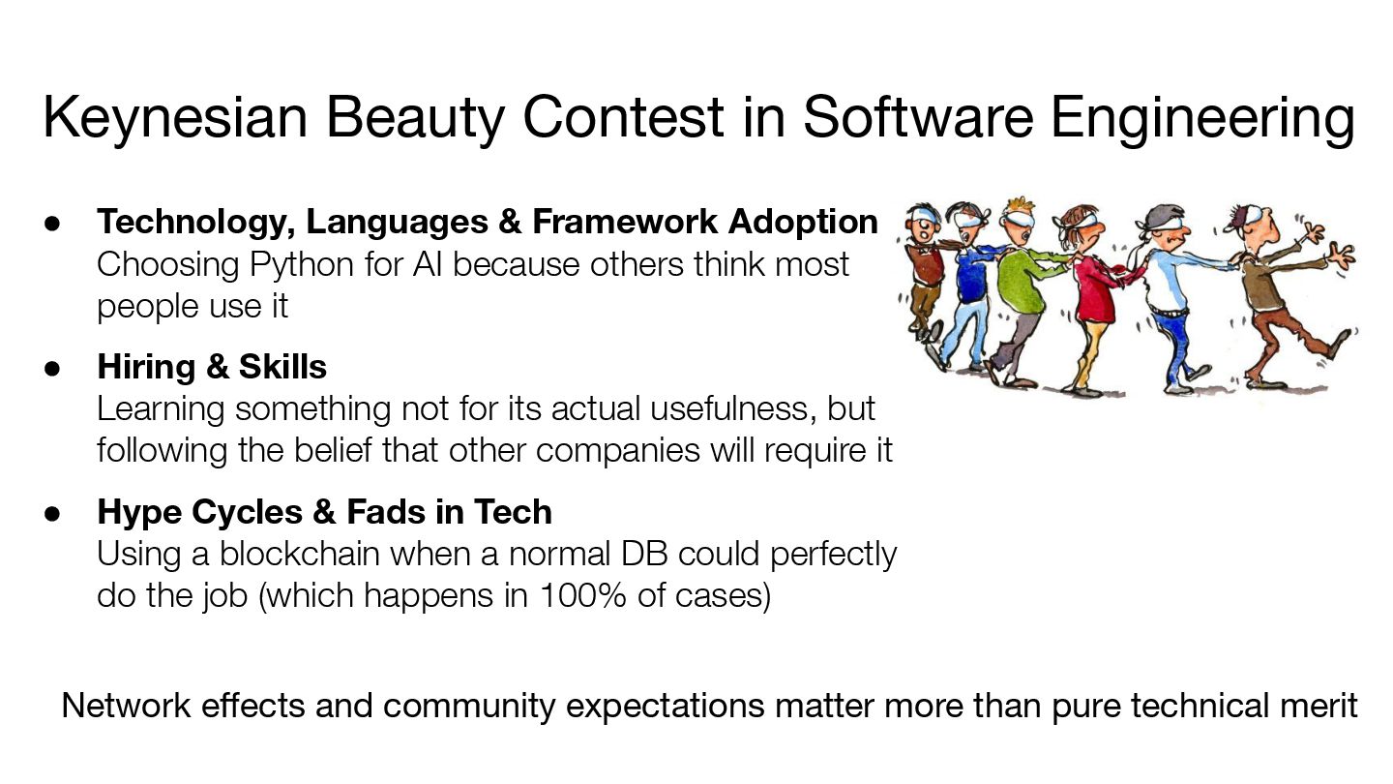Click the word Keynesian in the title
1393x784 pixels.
tap(175, 118)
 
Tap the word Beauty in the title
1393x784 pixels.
tap(415, 118)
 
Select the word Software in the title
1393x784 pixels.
tap(918, 117)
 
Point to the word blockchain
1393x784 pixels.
tap(299, 554)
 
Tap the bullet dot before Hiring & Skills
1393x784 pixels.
tap(52, 368)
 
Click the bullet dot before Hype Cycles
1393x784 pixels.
tap(52, 513)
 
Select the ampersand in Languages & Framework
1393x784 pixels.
tap(510, 223)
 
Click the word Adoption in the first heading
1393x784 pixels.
tap(803, 224)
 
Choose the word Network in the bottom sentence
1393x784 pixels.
tap(126, 706)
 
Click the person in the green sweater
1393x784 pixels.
tap(1020, 292)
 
